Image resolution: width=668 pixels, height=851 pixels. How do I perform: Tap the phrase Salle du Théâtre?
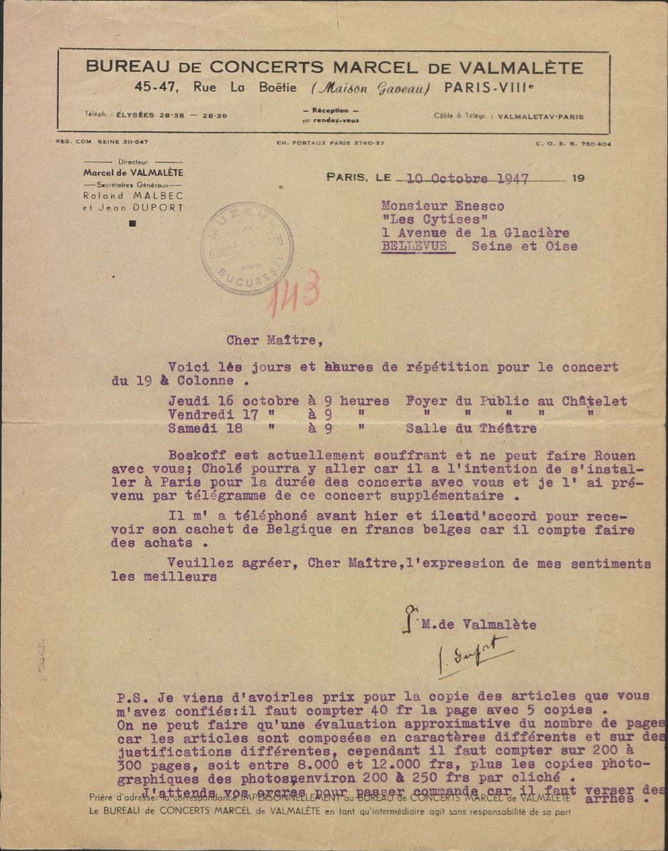click(472, 428)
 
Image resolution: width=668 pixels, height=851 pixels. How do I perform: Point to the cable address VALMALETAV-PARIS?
click(541, 116)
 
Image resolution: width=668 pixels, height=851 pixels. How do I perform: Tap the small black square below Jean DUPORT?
click(133, 224)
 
